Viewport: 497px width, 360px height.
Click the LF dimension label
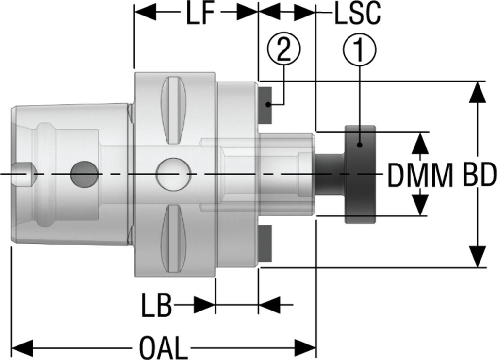click(x=199, y=15)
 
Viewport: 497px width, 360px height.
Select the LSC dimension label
click(x=357, y=15)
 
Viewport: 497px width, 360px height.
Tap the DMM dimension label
click(x=420, y=175)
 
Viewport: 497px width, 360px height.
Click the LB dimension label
click(x=156, y=306)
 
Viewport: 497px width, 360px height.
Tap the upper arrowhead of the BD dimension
click(x=479, y=92)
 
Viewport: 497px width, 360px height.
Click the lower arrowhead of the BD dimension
click(x=479, y=256)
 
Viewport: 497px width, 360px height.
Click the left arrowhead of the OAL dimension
click(x=22, y=347)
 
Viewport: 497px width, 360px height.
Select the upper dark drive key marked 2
click(x=265, y=104)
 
